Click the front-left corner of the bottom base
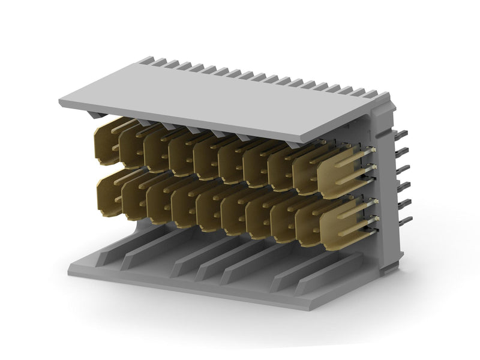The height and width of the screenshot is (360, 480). click(x=72, y=268)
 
